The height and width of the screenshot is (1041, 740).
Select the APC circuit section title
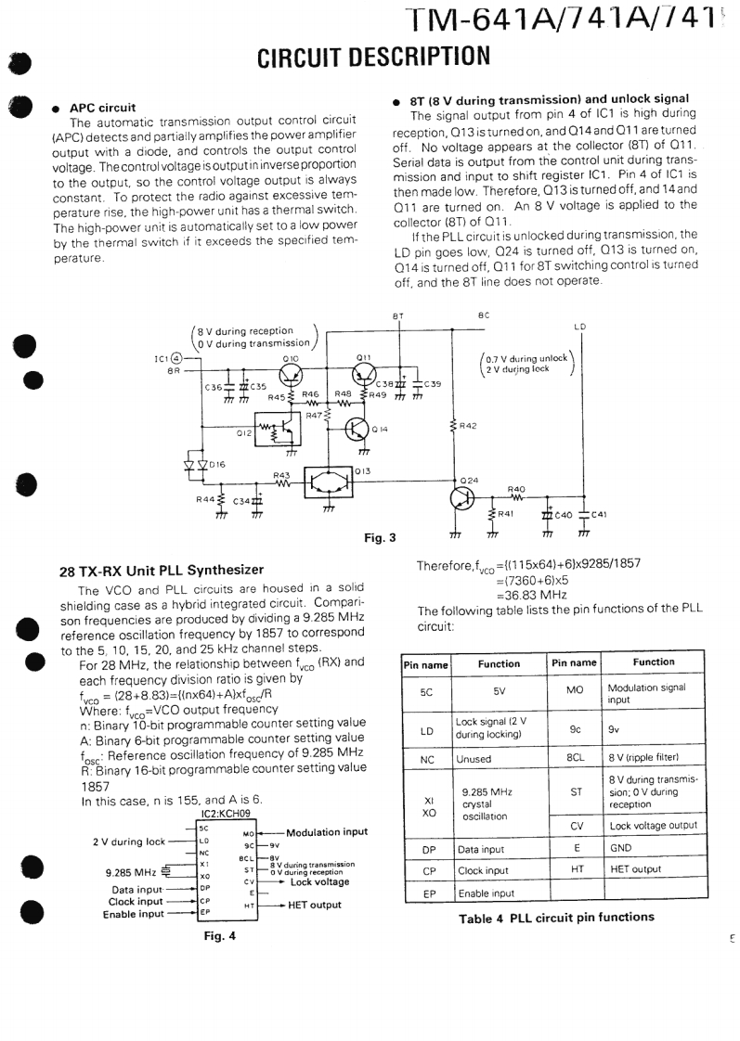point(103,108)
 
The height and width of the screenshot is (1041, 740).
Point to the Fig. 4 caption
point(220,935)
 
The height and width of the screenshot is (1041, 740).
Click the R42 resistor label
point(468,427)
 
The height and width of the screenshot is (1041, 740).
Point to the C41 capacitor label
point(598,515)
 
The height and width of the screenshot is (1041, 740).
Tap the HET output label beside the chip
point(315,905)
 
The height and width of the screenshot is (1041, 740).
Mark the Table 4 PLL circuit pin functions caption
point(556,918)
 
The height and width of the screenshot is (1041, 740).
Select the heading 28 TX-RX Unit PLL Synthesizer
point(162,570)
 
